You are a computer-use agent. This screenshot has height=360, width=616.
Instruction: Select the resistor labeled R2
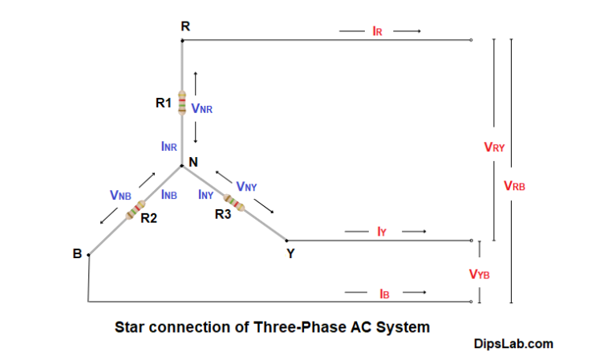(134, 209)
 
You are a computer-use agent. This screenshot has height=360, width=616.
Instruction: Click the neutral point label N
(193, 161)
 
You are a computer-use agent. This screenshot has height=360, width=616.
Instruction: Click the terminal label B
(77, 254)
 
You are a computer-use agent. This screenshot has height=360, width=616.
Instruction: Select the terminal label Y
(290, 254)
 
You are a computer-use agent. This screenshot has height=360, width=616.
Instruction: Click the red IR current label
(378, 31)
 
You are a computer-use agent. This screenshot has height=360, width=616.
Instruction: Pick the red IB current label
(384, 293)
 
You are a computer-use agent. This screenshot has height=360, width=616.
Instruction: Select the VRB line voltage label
(514, 185)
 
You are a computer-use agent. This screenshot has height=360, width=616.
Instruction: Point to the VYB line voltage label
(480, 274)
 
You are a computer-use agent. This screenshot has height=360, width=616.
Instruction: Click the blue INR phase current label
(169, 147)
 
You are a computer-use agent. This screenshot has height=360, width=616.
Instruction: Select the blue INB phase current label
(168, 194)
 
